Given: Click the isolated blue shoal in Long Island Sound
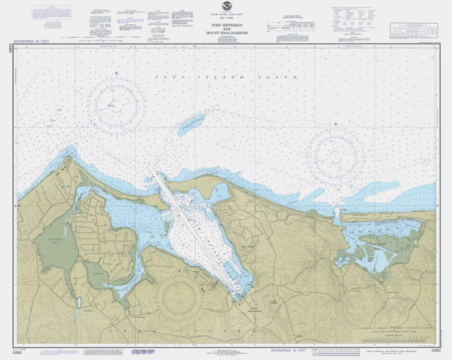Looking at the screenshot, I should pyautogui.click(x=194, y=122).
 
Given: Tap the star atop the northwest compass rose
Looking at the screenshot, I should pyautogui.click(x=116, y=72).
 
